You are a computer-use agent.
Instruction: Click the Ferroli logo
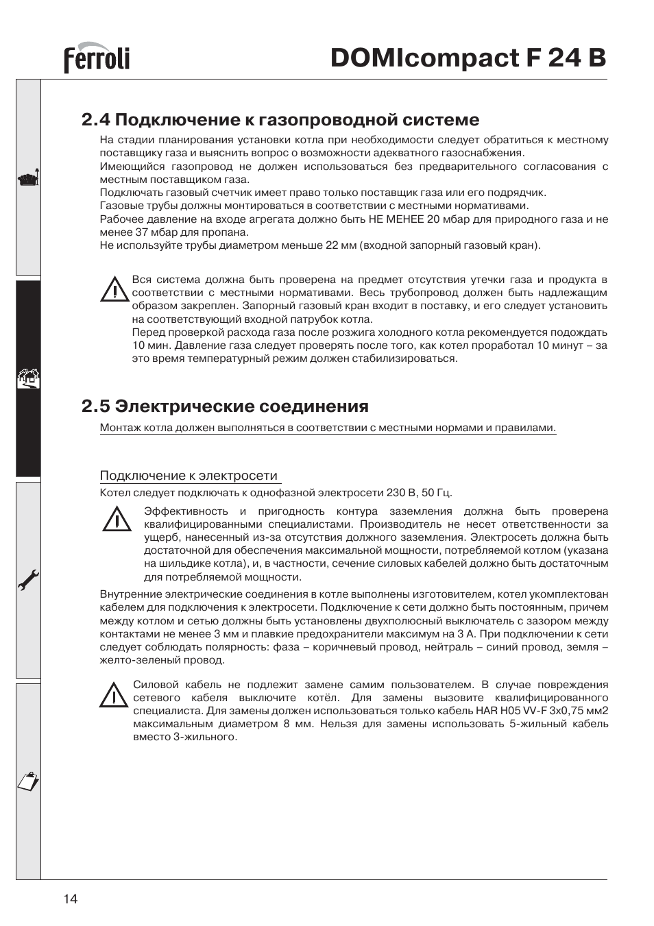click(97, 60)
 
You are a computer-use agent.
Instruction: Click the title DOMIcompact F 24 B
click(468, 58)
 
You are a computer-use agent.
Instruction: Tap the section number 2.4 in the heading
click(95, 120)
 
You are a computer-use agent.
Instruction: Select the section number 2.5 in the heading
click(95, 406)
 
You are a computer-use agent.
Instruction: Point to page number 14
click(71, 899)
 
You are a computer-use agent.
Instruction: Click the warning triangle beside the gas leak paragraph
click(114, 291)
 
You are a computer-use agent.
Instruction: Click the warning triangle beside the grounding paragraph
click(117, 520)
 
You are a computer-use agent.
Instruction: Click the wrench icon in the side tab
click(29, 582)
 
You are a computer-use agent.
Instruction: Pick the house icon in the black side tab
click(29, 378)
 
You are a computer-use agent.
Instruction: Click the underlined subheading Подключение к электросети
click(189, 476)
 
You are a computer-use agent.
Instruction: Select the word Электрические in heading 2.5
click(185, 406)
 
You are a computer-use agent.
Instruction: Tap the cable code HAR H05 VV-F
click(512, 711)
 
